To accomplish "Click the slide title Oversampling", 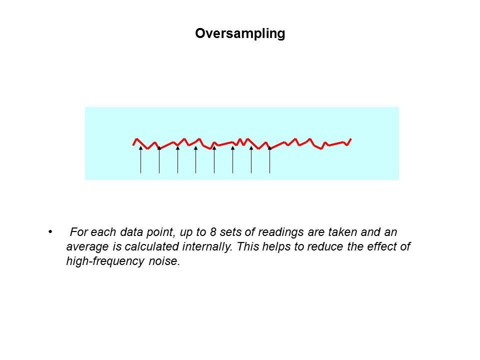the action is coord(240,33).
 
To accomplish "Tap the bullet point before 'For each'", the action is coord(50,231).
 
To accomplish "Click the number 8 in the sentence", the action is coord(213,232).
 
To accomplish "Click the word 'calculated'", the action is coord(152,246).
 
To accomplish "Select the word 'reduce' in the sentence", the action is coord(325,246).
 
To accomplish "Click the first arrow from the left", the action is coord(141,159).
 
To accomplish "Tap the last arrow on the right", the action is coord(269,159).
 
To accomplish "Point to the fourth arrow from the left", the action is coord(196,159).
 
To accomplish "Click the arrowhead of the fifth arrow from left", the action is coord(214,148).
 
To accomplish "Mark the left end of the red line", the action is coord(133,145).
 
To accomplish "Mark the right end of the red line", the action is coord(351,139).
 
